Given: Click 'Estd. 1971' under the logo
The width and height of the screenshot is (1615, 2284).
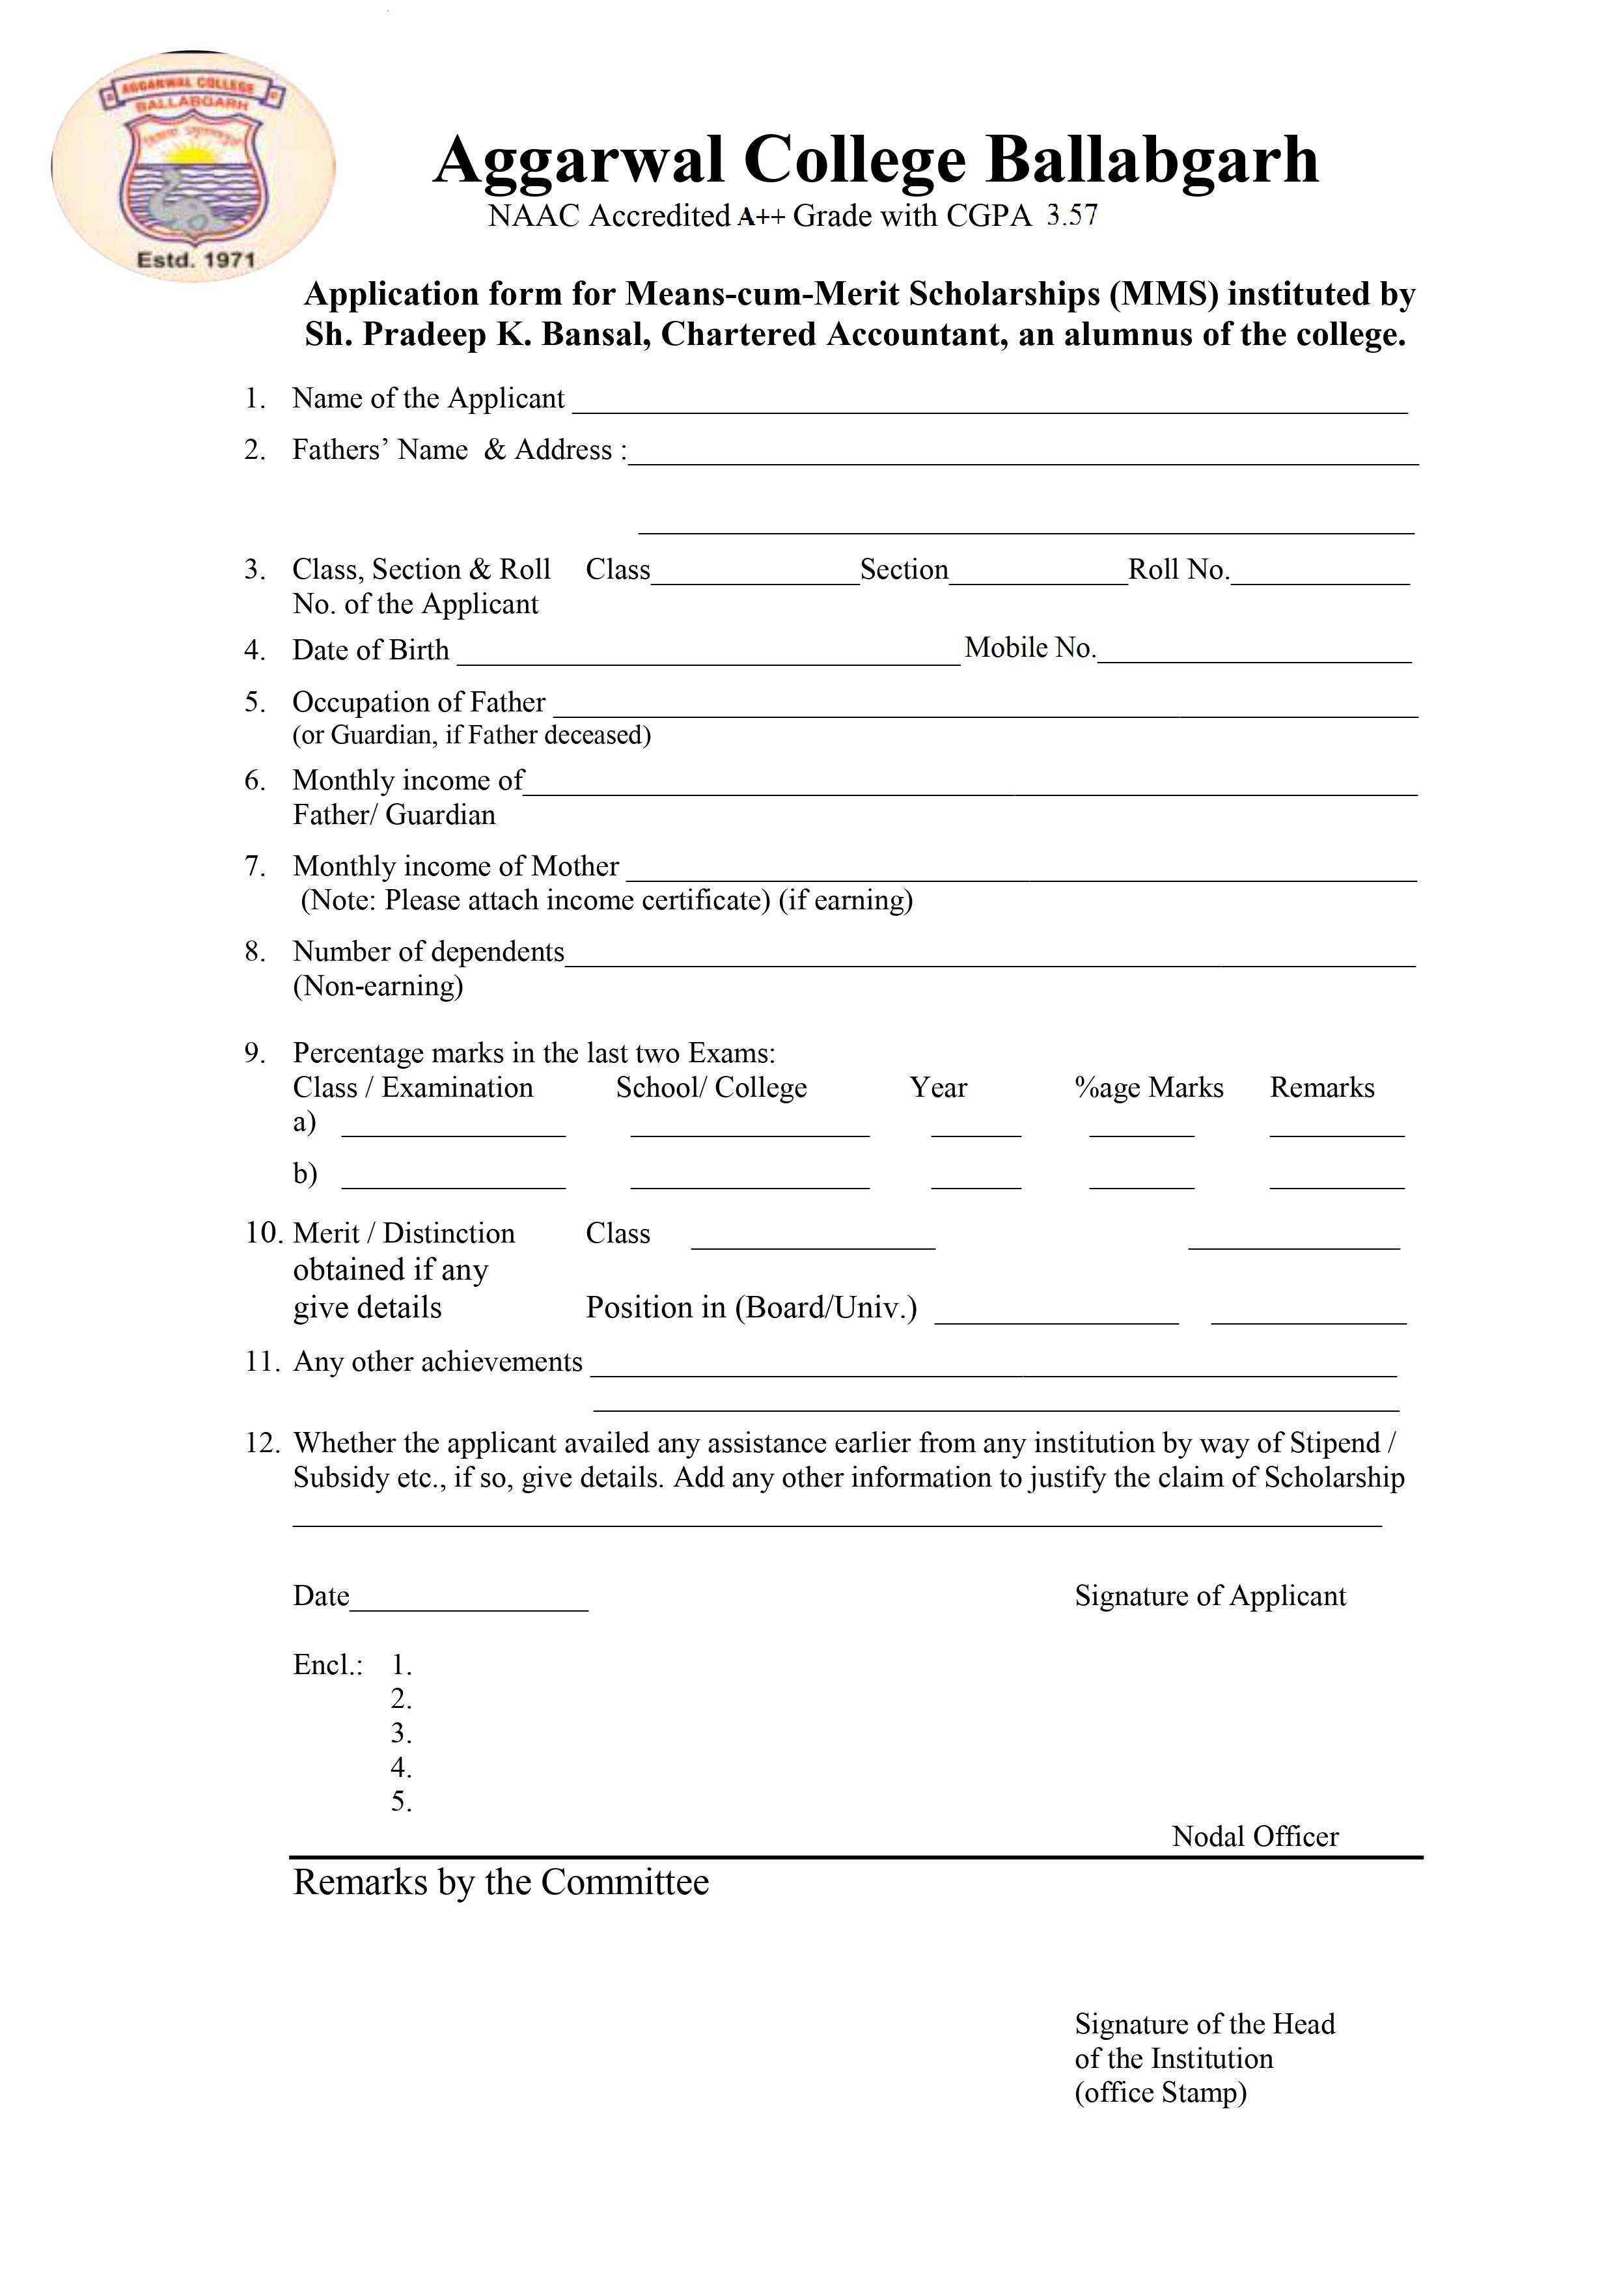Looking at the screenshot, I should (195, 260).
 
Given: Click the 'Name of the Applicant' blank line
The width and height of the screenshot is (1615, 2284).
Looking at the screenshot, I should (989, 402).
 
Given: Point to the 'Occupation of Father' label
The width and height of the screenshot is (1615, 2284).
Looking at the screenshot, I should (419, 702).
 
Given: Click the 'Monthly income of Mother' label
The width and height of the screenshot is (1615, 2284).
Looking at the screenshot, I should (456, 866).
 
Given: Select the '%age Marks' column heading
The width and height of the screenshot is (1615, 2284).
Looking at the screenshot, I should (1150, 1087).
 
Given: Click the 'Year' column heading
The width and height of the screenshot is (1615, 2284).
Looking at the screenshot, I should (937, 1087).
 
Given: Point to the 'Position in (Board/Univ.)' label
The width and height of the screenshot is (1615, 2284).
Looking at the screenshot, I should (751, 1307).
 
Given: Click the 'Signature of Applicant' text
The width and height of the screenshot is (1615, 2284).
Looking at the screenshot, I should (1210, 1595).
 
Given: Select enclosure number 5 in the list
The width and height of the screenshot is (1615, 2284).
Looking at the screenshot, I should (401, 1802).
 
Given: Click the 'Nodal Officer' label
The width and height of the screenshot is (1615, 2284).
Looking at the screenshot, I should (1255, 1836).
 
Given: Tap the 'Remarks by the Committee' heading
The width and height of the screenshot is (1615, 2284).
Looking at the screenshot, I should (501, 1882).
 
